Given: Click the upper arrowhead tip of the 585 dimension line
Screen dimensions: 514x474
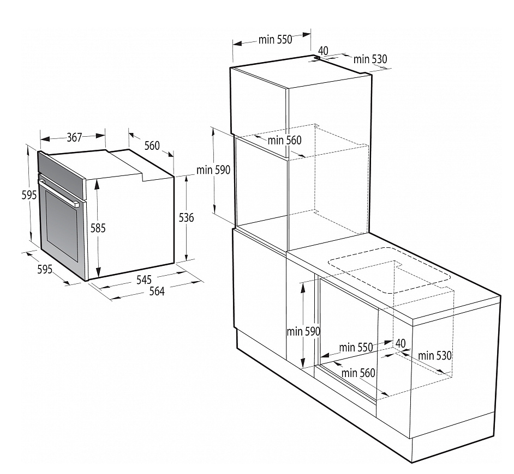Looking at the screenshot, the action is (x=97, y=180).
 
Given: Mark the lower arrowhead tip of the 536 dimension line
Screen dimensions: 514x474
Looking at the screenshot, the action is (x=186, y=260).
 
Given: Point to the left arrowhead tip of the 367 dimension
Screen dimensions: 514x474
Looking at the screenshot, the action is (x=40, y=139).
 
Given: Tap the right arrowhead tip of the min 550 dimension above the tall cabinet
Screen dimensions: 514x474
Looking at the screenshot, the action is (x=311, y=34).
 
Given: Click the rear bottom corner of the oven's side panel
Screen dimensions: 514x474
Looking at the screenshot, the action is (x=174, y=263).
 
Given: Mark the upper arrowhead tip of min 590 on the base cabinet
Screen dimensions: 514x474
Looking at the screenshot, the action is (x=303, y=282).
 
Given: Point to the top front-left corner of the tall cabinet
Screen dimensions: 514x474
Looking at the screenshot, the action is (x=230, y=68).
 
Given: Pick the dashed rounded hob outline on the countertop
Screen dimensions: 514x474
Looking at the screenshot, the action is (x=390, y=270).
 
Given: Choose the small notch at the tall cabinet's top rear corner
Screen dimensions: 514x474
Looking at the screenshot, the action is (x=316, y=58).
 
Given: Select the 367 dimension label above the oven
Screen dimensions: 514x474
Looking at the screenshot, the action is (x=74, y=137).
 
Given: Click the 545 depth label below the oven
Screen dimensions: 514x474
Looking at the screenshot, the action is (x=144, y=279).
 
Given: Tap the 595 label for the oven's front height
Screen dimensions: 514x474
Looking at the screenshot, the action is (x=29, y=195).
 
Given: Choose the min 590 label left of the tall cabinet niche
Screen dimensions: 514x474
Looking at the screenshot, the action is (x=213, y=170).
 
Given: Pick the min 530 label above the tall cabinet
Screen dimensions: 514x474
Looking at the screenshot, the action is (x=370, y=59).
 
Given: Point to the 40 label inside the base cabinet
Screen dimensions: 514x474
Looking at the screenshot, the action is (x=401, y=343).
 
